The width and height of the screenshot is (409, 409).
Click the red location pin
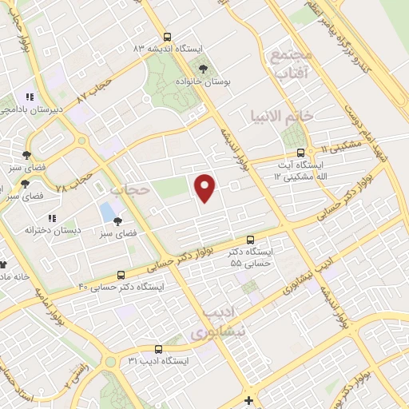206,188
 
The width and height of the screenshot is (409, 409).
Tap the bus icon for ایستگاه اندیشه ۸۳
166,37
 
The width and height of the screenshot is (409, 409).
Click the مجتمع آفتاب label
290,64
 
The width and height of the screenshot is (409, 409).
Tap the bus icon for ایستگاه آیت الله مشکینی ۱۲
300,153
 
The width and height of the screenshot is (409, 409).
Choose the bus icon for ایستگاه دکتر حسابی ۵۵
250,240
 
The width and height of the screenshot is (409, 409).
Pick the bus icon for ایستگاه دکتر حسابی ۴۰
121,274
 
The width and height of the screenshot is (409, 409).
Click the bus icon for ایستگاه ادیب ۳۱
157,349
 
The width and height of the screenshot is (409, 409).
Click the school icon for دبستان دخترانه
52,217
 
